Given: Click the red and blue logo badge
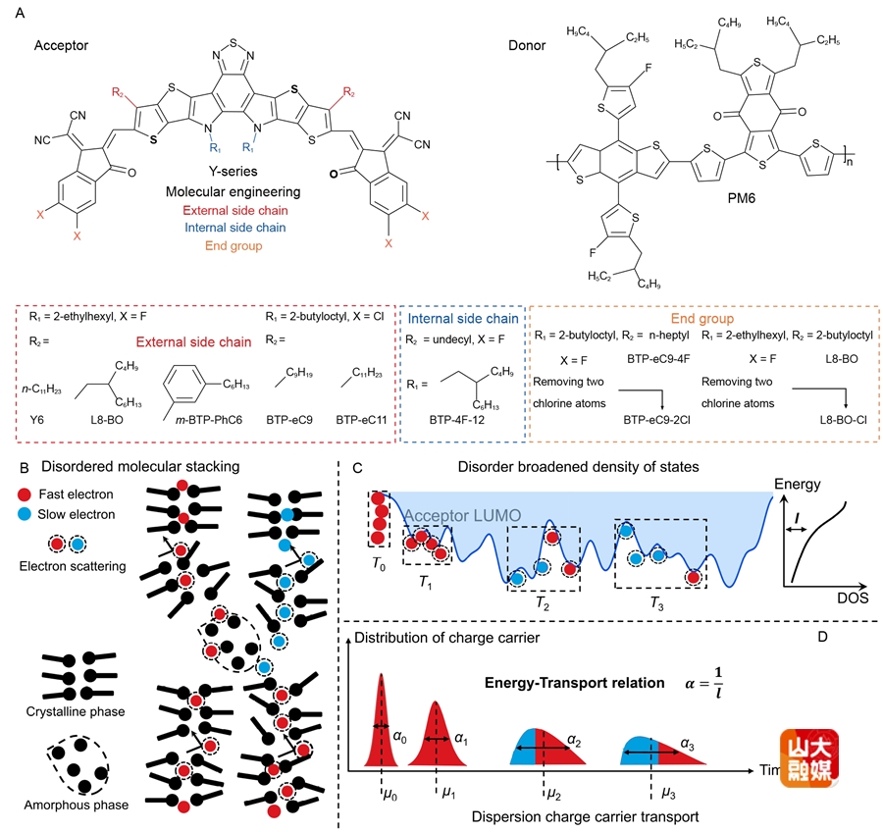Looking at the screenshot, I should [808, 757].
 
